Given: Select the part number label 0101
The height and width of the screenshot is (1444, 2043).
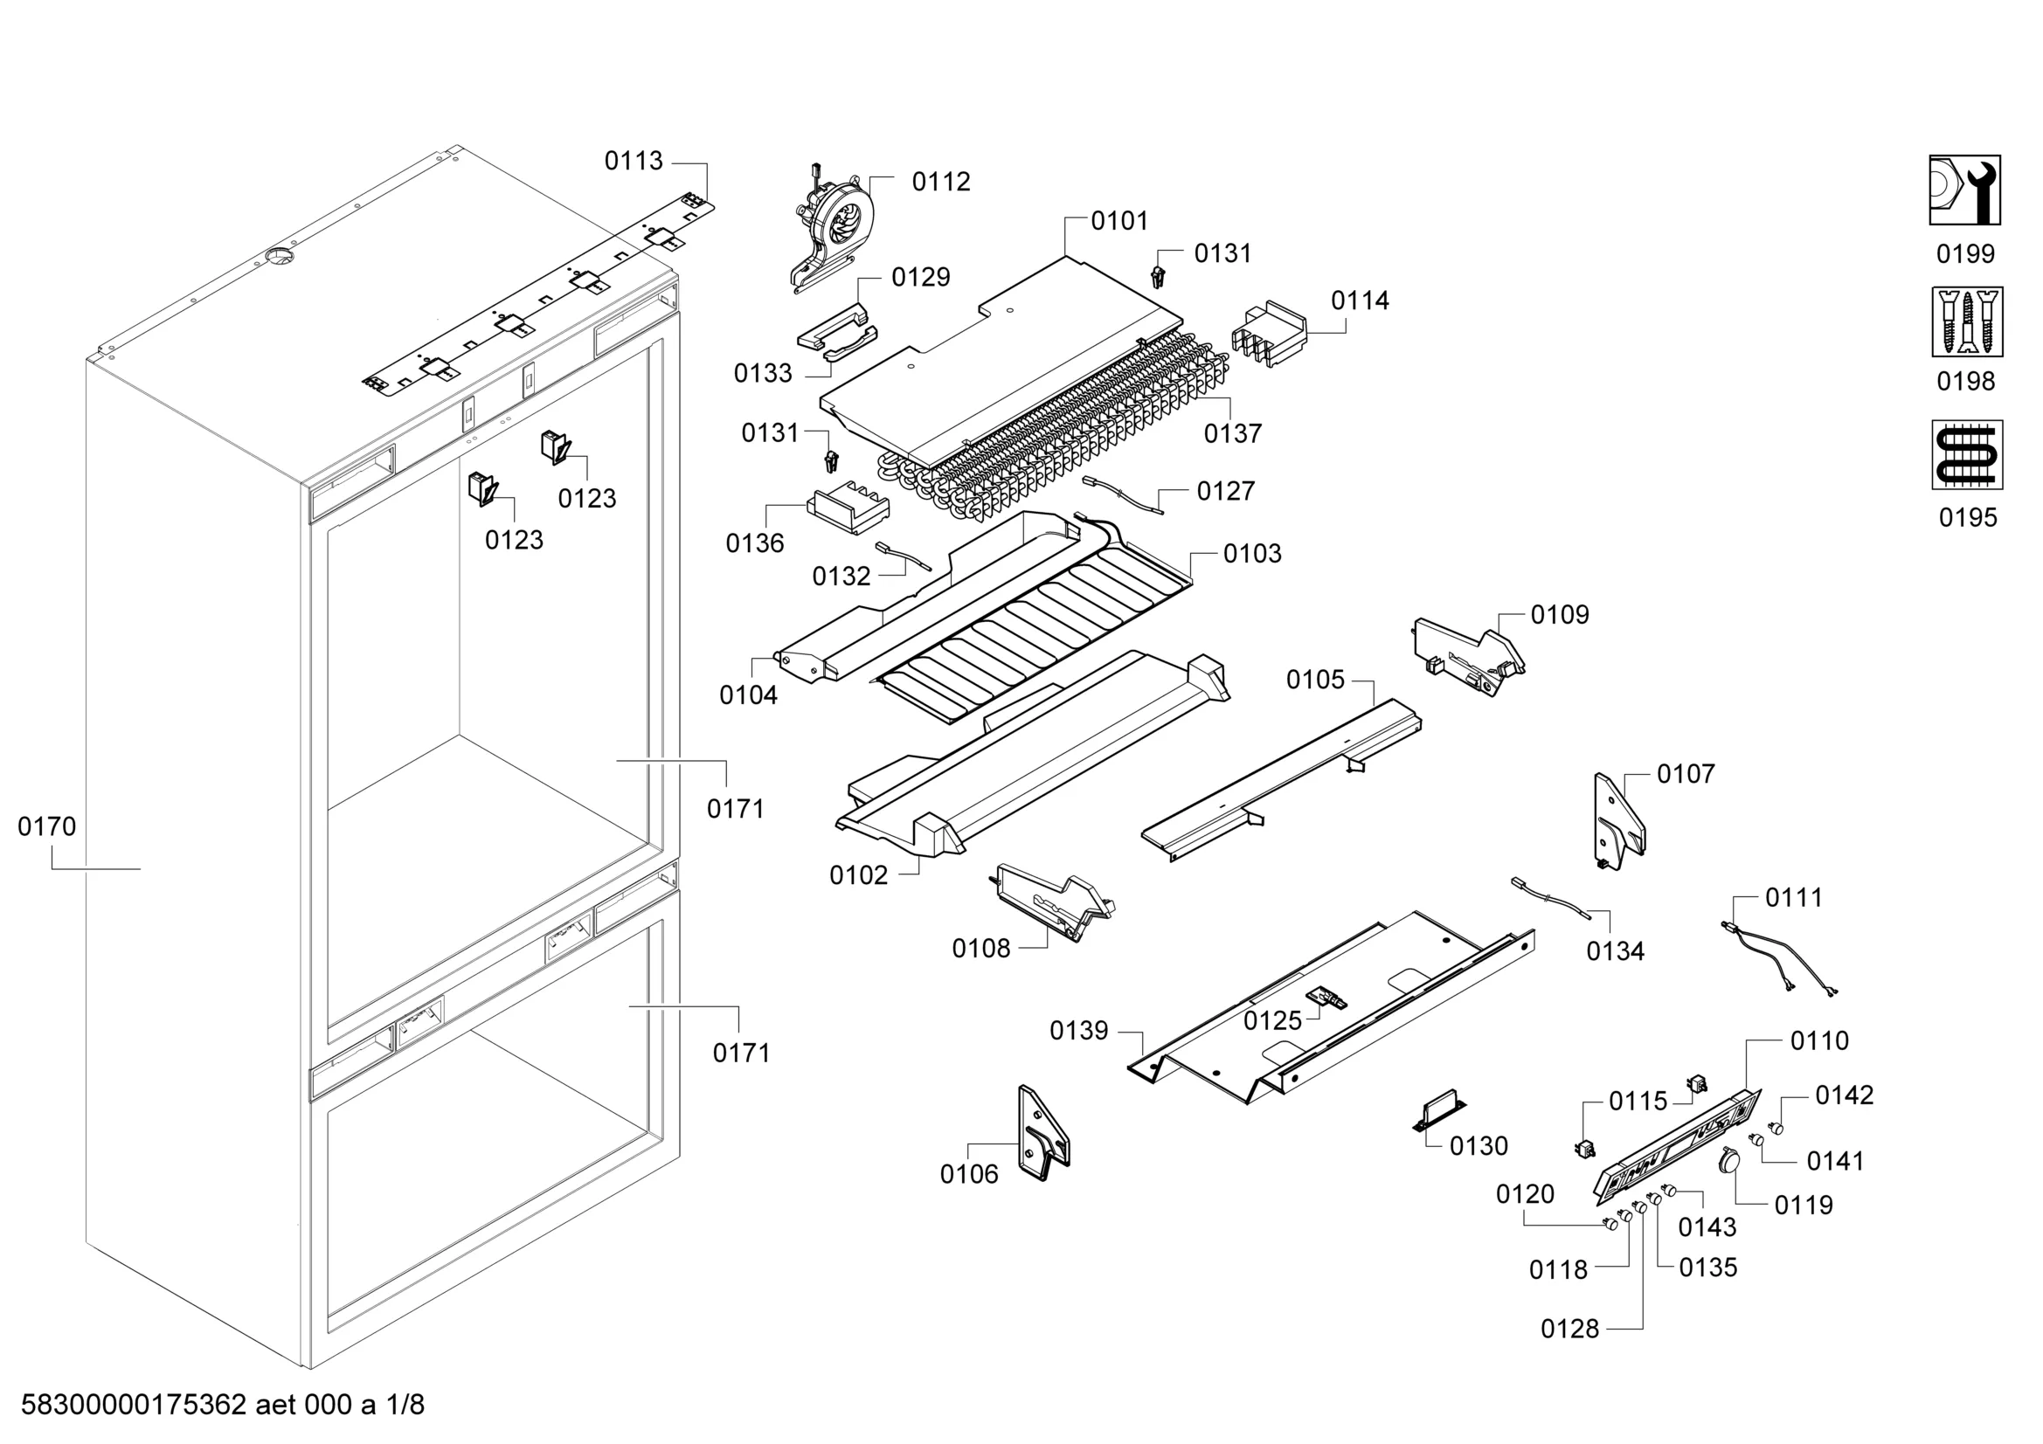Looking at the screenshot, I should (1118, 221).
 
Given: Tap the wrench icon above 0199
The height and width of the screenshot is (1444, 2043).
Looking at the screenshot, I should (1964, 190).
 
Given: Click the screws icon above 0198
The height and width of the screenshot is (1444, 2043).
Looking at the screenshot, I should (1966, 321).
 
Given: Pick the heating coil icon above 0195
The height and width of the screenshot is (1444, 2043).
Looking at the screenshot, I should (1966, 454).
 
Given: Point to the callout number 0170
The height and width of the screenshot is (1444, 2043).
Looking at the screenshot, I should (46, 826).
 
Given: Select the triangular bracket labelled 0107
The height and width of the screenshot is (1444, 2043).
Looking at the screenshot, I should (1617, 820).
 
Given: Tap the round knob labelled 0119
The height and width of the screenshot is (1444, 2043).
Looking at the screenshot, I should (1730, 1158).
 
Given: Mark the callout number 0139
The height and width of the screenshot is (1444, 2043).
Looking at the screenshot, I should (1078, 1030).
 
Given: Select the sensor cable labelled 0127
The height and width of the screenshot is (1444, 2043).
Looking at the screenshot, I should (1123, 494).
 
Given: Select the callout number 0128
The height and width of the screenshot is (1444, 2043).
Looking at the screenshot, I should (1569, 1330).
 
